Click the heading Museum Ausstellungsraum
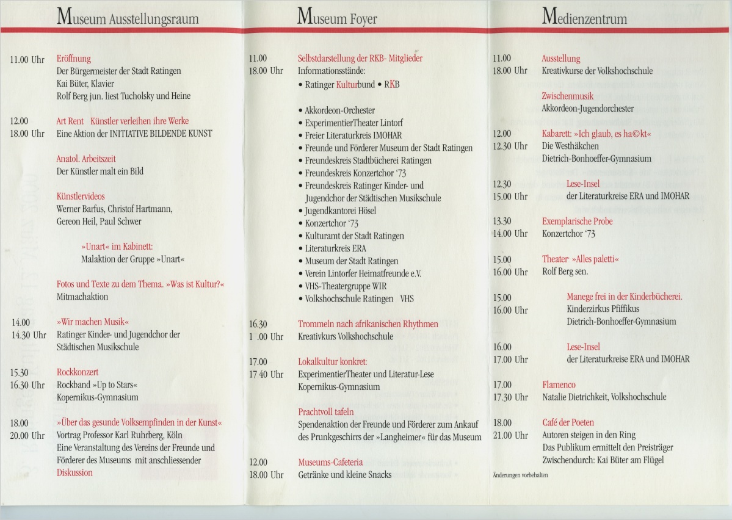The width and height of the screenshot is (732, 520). click(x=128, y=18)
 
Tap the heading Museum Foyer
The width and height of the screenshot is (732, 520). click(x=337, y=18)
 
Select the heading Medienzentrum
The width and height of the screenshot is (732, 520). click(x=584, y=18)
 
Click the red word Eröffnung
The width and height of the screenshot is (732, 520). click(x=73, y=59)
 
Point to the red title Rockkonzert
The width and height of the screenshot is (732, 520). click(x=78, y=372)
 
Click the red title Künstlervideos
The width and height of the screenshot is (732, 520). click(x=81, y=197)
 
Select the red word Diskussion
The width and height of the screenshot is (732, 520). click(x=74, y=472)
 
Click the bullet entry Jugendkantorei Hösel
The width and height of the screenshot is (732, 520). click(x=341, y=211)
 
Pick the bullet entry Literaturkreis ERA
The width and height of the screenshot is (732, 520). click(x=335, y=248)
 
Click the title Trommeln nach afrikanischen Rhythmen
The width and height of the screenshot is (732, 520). click(x=368, y=324)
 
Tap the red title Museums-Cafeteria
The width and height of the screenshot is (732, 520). click(x=330, y=462)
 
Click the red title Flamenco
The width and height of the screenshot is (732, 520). click(x=559, y=385)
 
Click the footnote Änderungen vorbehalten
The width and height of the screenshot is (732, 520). click(x=520, y=474)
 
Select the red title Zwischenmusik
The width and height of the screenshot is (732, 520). click(x=568, y=96)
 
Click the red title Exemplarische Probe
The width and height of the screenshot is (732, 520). click(x=577, y=221)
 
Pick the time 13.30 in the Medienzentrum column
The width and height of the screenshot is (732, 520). click(x=502, y=221)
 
